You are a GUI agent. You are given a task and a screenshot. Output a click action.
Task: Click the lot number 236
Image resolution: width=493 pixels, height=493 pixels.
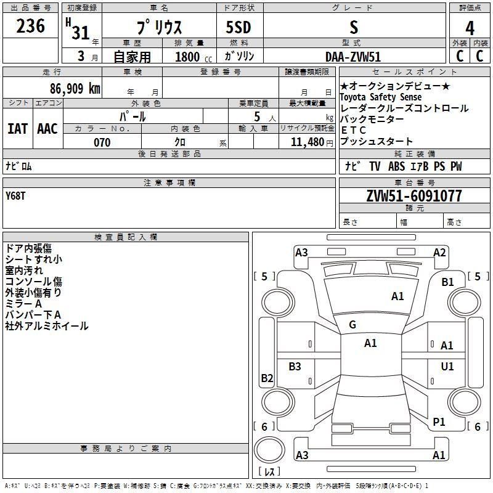[30, 26]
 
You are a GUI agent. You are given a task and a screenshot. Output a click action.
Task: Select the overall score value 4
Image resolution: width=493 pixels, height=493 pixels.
[470, 28]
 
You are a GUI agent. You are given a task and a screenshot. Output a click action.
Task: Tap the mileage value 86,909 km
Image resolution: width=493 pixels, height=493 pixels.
[75, 88]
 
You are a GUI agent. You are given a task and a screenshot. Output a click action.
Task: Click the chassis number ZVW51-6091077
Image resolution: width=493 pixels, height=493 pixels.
[414, 196]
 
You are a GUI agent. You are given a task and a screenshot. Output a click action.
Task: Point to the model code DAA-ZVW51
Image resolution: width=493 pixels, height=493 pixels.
[353, 57]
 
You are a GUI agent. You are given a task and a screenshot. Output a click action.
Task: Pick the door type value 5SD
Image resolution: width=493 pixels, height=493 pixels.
[238, 27]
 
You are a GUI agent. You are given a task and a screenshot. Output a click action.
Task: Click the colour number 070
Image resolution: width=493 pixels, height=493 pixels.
[102, 142]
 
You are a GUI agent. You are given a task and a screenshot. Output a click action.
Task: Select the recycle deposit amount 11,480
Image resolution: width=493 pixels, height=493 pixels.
[307, 142]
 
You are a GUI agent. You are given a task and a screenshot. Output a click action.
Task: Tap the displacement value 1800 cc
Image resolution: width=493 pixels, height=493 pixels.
[194, 57]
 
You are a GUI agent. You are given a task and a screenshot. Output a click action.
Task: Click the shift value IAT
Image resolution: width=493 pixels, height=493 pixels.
[17, 129]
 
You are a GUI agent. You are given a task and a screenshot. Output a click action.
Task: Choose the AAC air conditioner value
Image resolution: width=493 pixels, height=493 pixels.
[47, 129]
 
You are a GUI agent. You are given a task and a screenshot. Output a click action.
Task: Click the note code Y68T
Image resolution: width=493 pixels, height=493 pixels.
[15, 196]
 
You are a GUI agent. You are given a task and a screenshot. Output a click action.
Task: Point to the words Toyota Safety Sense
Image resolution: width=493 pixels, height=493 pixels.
[380, 97]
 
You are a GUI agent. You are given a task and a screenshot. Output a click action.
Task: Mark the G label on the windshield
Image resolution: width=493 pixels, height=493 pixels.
[352, 325]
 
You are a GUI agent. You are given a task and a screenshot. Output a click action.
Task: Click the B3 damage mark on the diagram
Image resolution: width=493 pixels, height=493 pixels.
[295, 366]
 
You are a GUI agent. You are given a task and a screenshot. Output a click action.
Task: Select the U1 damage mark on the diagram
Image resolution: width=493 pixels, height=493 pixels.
[447, 366]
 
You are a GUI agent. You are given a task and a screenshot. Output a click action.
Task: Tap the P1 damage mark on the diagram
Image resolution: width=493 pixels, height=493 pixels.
[439, 422]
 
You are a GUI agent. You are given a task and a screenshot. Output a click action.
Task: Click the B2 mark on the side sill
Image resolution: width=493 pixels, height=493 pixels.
[267, 378]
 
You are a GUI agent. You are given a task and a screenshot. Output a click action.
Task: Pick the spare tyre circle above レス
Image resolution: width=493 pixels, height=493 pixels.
[269, 450]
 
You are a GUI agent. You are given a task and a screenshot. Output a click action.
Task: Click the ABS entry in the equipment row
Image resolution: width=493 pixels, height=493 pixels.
[396, 166]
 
